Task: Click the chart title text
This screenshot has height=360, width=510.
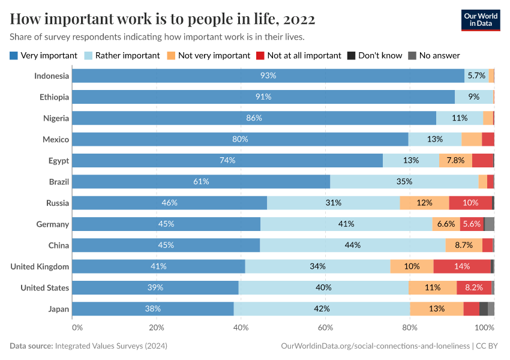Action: tap(163, 19)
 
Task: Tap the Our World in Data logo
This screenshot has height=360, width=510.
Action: tap(481, 19)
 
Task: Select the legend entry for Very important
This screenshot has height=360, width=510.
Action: tap(44, 55)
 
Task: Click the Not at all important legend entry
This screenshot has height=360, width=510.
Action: tap(298, 55)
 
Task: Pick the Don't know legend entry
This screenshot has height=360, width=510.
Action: tap(375, 55)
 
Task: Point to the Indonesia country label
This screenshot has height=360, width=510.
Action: tap(52, 76)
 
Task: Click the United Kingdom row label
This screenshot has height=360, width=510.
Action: tap(40, 266)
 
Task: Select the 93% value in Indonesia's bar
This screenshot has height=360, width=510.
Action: tap(268, 76)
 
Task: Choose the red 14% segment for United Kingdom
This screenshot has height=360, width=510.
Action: tap(462, 266)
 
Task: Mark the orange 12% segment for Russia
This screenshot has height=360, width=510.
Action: tap(424, 203)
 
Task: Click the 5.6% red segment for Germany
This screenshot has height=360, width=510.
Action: tap(472, 224)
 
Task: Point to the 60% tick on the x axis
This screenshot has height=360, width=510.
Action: tap(325, 328)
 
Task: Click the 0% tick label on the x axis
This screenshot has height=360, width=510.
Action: tap(77, 328)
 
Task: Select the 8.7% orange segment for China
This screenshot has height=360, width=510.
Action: tap(464, 245)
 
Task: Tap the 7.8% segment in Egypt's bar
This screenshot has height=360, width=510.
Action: tap(455, 160)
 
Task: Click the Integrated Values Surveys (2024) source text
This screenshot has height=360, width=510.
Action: tap(111, 346)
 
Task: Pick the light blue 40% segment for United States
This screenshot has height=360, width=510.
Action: tap(323, 288)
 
